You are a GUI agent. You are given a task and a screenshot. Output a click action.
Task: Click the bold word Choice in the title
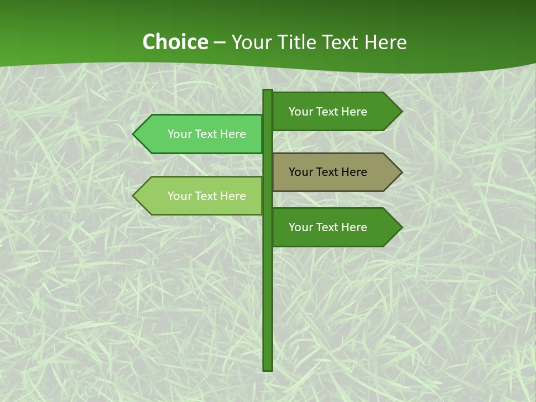[x=175, y=42]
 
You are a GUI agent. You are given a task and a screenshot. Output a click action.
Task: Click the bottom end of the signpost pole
[x=267, y=368]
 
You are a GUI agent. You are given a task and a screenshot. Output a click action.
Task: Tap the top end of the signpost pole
[x=267, y=92]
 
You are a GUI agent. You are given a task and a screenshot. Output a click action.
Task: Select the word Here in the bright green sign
[x=232, y=134]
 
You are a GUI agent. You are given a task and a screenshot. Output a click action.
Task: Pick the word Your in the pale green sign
[x=179, y=196]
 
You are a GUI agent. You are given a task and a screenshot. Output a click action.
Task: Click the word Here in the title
[x=385, y=42]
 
